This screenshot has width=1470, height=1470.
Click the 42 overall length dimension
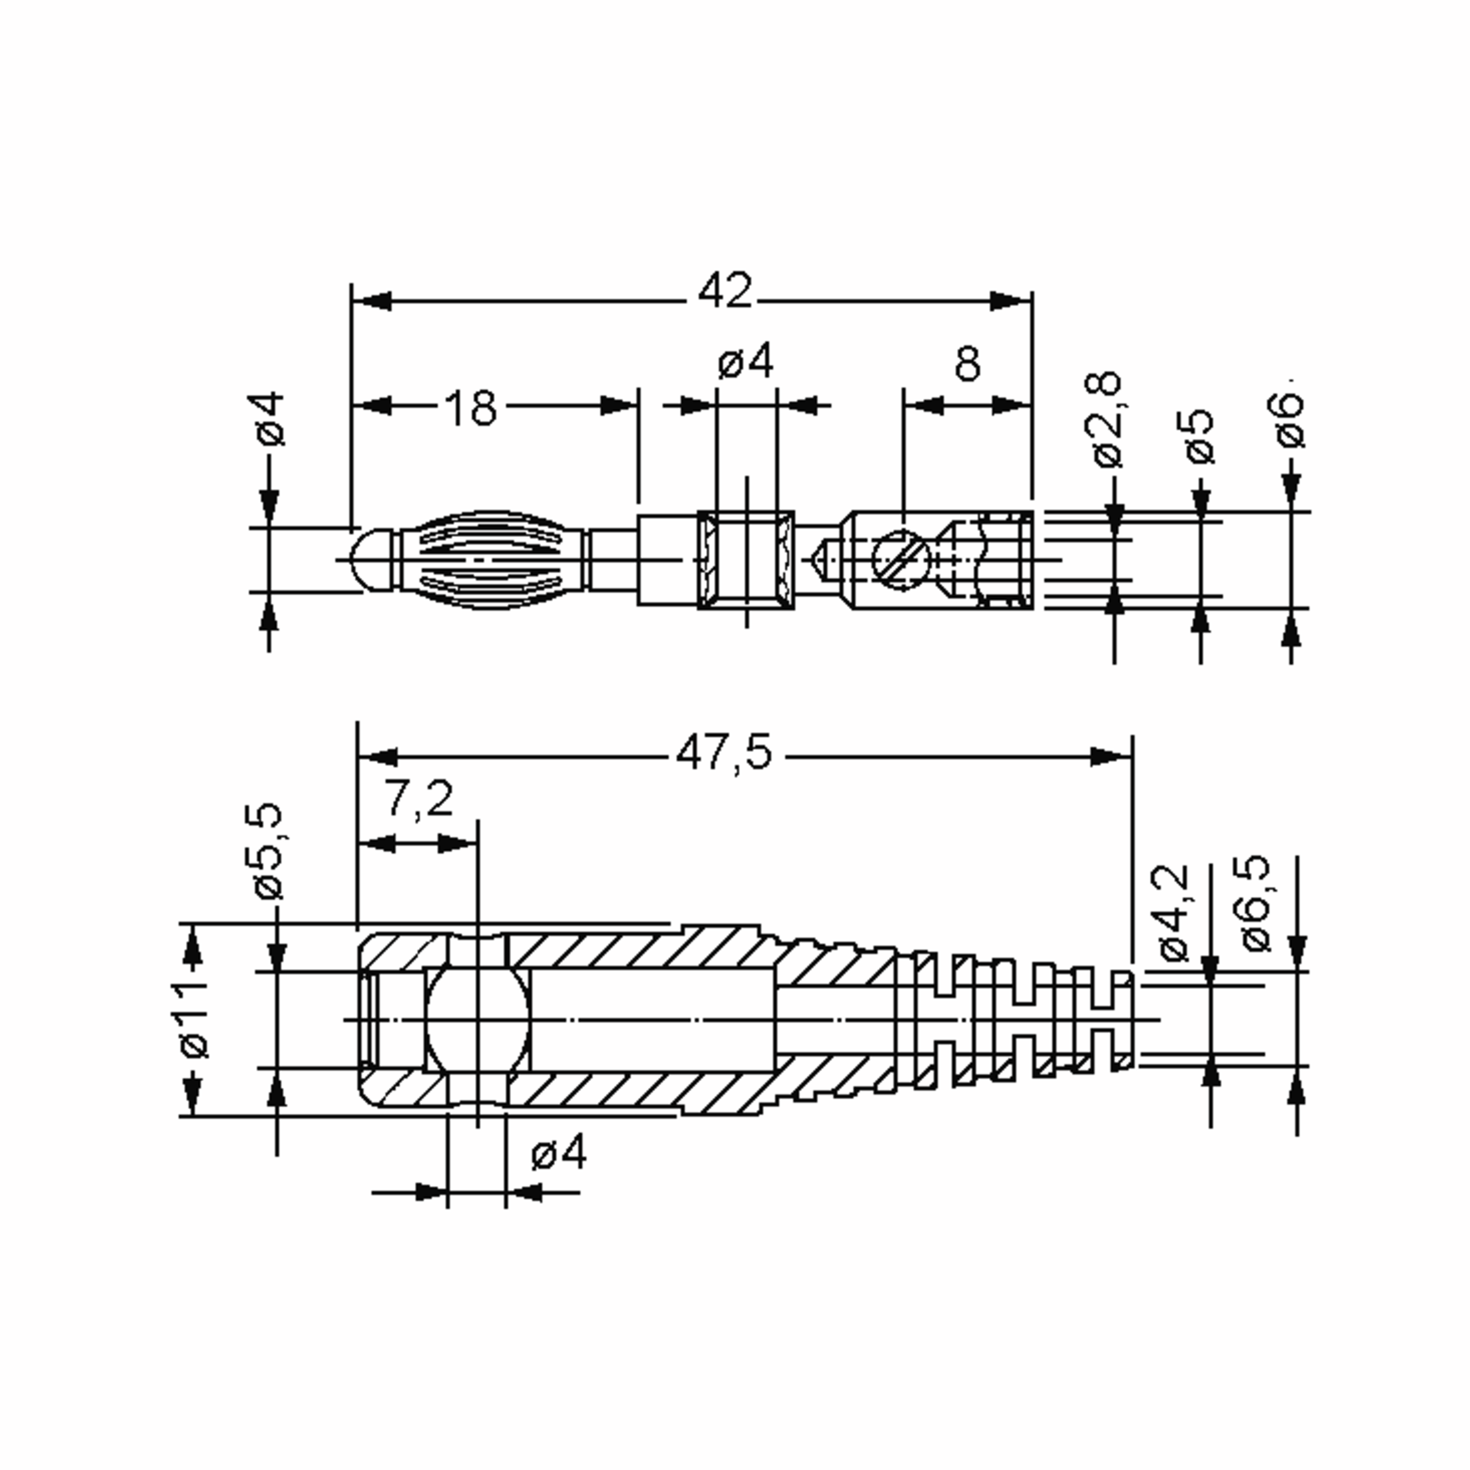pos(725,291)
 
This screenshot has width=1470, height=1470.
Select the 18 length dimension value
pos(470,408)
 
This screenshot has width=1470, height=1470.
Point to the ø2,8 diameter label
pos(1108,419)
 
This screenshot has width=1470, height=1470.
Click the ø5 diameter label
pos(1200,437)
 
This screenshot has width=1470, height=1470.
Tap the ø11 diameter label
pos(194,1020)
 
